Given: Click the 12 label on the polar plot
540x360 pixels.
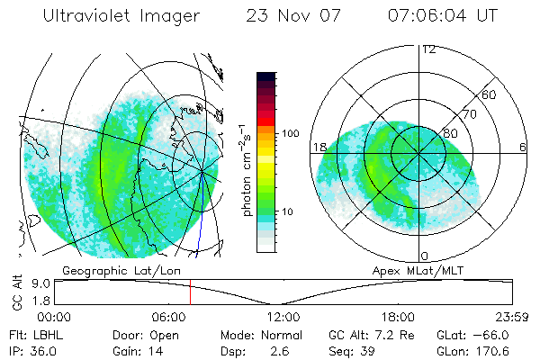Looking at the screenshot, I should pyautogui.click(x=428, y=49).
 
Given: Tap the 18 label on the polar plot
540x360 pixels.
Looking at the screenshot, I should pyautogui.click(x=319, y=147).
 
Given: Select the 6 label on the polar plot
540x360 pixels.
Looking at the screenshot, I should pyautogui.click(x=523, y=147).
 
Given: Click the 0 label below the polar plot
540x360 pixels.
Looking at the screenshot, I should pyautogui.click(x=423, y=256).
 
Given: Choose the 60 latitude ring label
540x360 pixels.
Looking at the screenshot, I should pyautogui.click(x=489, y=94).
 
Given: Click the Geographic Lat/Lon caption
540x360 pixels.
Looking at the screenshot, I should pyautogui.click(x=107, y=270).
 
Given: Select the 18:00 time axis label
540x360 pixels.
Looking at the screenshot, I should pyautogui.click(x=398, y=317).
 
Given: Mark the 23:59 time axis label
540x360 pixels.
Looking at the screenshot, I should pyautogui.click(x=513, y=317).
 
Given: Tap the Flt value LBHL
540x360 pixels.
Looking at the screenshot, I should pyautogui.click(x=45, y=335).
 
